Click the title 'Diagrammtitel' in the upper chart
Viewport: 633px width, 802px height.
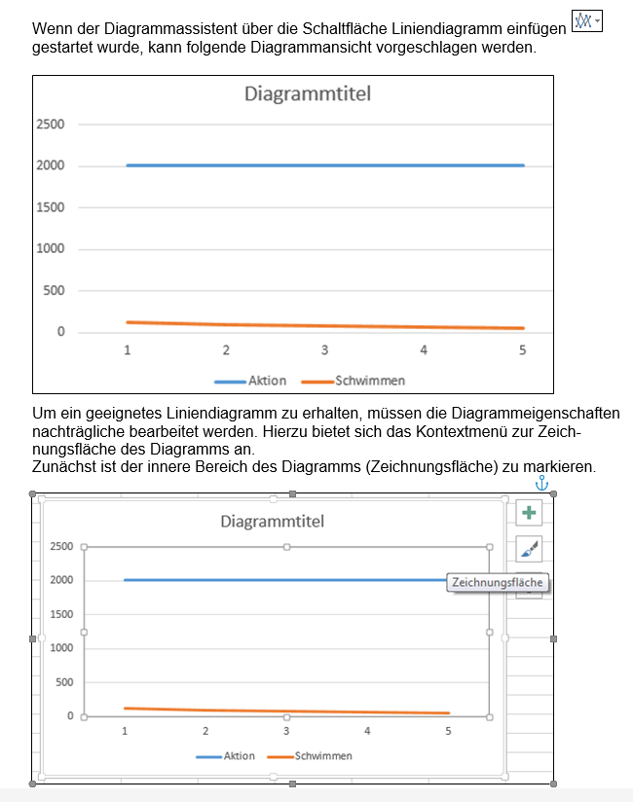pyautogui.click(x=308, y=94)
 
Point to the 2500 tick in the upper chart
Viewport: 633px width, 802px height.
pyautogui.click(x=51, y=125)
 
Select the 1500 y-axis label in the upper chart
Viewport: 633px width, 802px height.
pyautogui.click(x=51, y=207)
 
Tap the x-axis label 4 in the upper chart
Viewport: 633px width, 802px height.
pyautogui.click(x=424, y=350)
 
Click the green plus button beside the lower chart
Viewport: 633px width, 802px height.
pyautogui.click(x=528, y=513)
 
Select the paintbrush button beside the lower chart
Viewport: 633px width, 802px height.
pyautogui.click(x=528, y=550)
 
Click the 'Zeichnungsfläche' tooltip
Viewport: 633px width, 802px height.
pyautogui.click(x=497, y=583)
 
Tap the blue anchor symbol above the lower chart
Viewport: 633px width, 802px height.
pyautogui.click(x=542, y=483)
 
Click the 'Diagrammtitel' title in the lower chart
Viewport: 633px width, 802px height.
pyautogui.click(x=272, y=522)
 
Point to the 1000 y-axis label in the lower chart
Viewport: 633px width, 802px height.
pyautogui.click(x=61, y=648)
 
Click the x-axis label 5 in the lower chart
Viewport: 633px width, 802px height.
pyautogui.click(x=448, y=730)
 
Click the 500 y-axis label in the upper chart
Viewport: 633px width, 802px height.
pyautogui.click(x=55, y=291)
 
